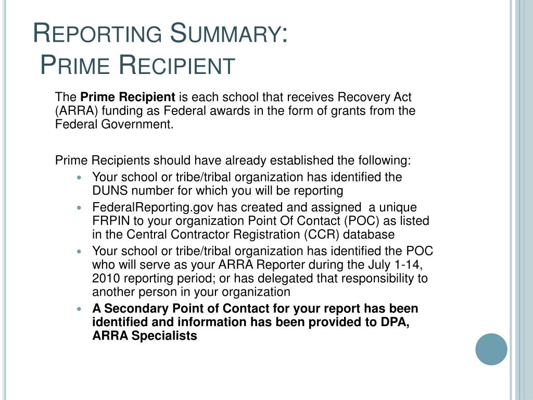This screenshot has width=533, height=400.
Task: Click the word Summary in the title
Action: coord(230,34)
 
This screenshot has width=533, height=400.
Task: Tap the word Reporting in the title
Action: coord(97,34)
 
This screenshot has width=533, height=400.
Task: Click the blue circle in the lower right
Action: coord(491,349)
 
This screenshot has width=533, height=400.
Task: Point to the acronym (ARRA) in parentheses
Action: coord(72,110)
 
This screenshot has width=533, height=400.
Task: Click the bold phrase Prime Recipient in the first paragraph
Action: coord(128,97)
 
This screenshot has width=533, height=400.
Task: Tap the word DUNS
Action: coord(108,190)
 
